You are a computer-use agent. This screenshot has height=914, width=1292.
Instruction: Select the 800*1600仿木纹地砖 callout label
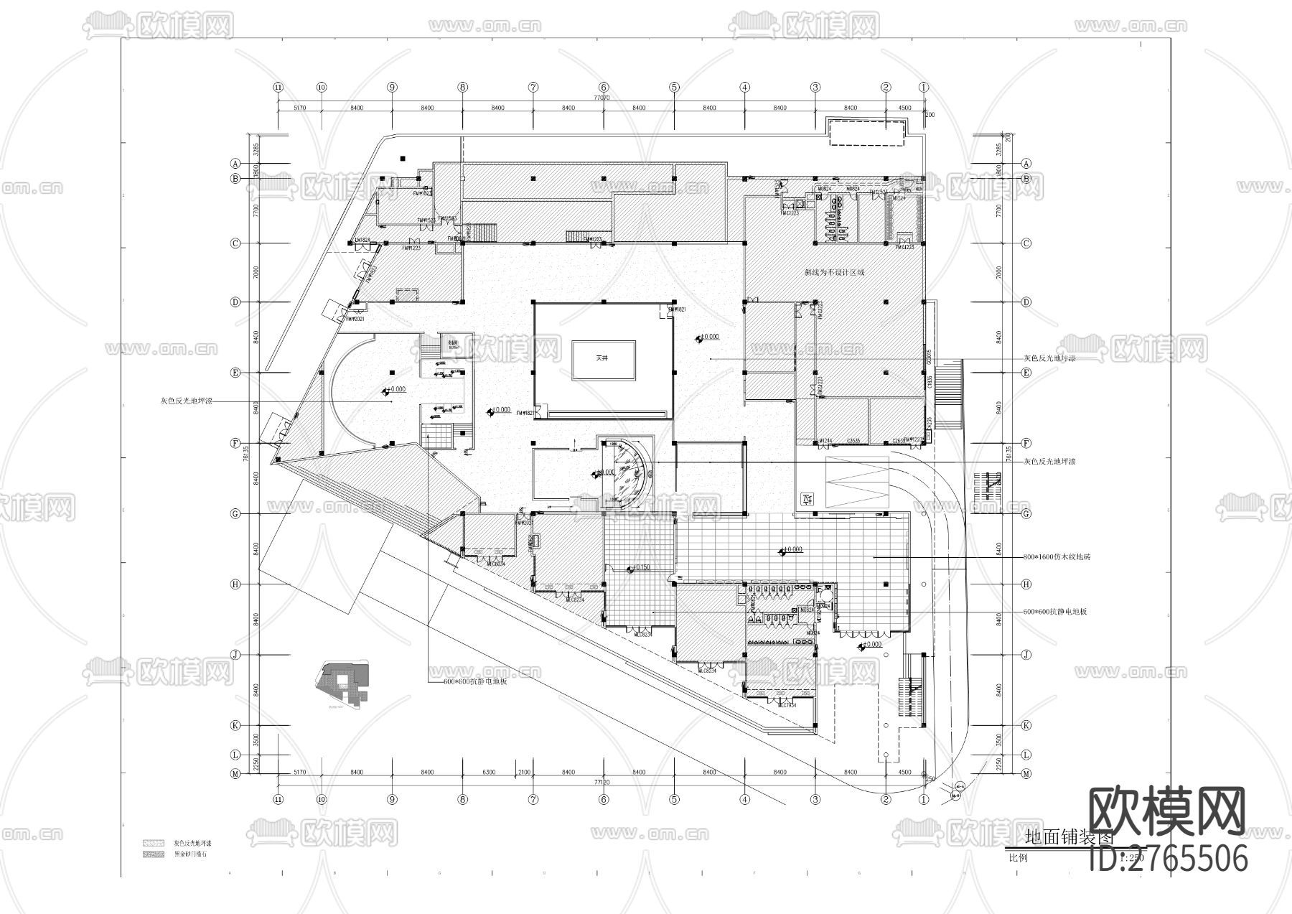[x=1056, y=557]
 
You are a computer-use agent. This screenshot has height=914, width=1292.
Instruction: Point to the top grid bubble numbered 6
[x=604, y=87]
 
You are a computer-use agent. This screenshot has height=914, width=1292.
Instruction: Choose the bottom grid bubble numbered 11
[x=278, y=798]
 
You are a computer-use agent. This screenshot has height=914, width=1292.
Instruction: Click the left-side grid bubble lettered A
[x=235, y=163]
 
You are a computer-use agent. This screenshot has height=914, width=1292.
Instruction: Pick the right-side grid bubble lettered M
[x=1026, y=774]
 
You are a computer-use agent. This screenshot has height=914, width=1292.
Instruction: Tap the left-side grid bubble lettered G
[x=235, y=514]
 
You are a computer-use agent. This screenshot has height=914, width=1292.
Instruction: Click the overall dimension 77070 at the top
[x=601, y=98]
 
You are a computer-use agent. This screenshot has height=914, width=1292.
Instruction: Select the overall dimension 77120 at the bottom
[x=601, y=781]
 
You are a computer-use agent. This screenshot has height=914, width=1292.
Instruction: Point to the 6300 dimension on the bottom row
[x=489, y=773]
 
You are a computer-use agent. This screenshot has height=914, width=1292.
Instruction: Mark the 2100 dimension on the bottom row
[x=524, y=773]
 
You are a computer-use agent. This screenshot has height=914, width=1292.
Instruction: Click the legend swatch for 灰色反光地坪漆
[x=153, y=843]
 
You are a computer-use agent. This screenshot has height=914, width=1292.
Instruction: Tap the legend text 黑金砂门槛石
[x=190, y=854]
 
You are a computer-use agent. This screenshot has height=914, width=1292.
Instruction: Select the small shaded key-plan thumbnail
[x=342, y=682]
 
